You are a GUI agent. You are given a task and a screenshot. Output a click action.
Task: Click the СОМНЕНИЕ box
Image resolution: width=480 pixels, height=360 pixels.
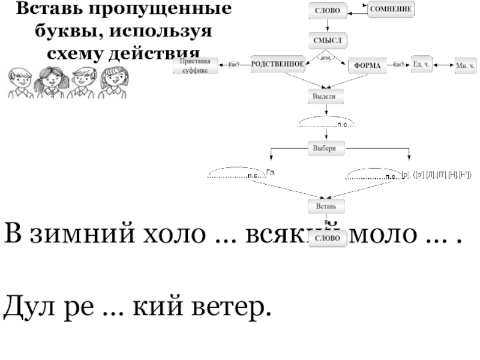(x=394, y=10)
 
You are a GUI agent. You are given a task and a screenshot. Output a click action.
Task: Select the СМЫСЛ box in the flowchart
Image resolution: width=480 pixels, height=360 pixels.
(x=328, y=40)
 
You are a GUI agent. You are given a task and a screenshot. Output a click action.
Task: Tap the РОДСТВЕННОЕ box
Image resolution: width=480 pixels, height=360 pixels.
(x=277, y=64)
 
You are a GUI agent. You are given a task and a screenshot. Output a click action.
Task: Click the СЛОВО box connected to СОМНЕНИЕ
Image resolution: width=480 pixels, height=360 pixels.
(x=328, y=11)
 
